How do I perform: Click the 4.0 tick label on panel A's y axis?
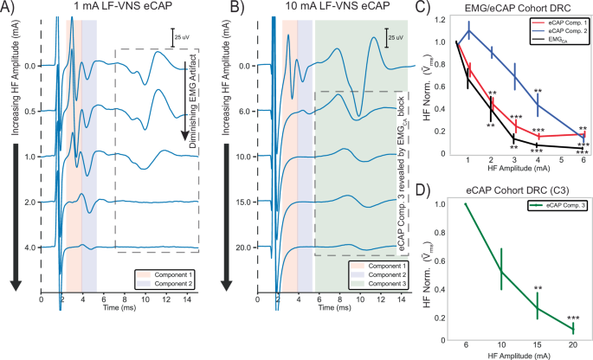click(x=29, y=247)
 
